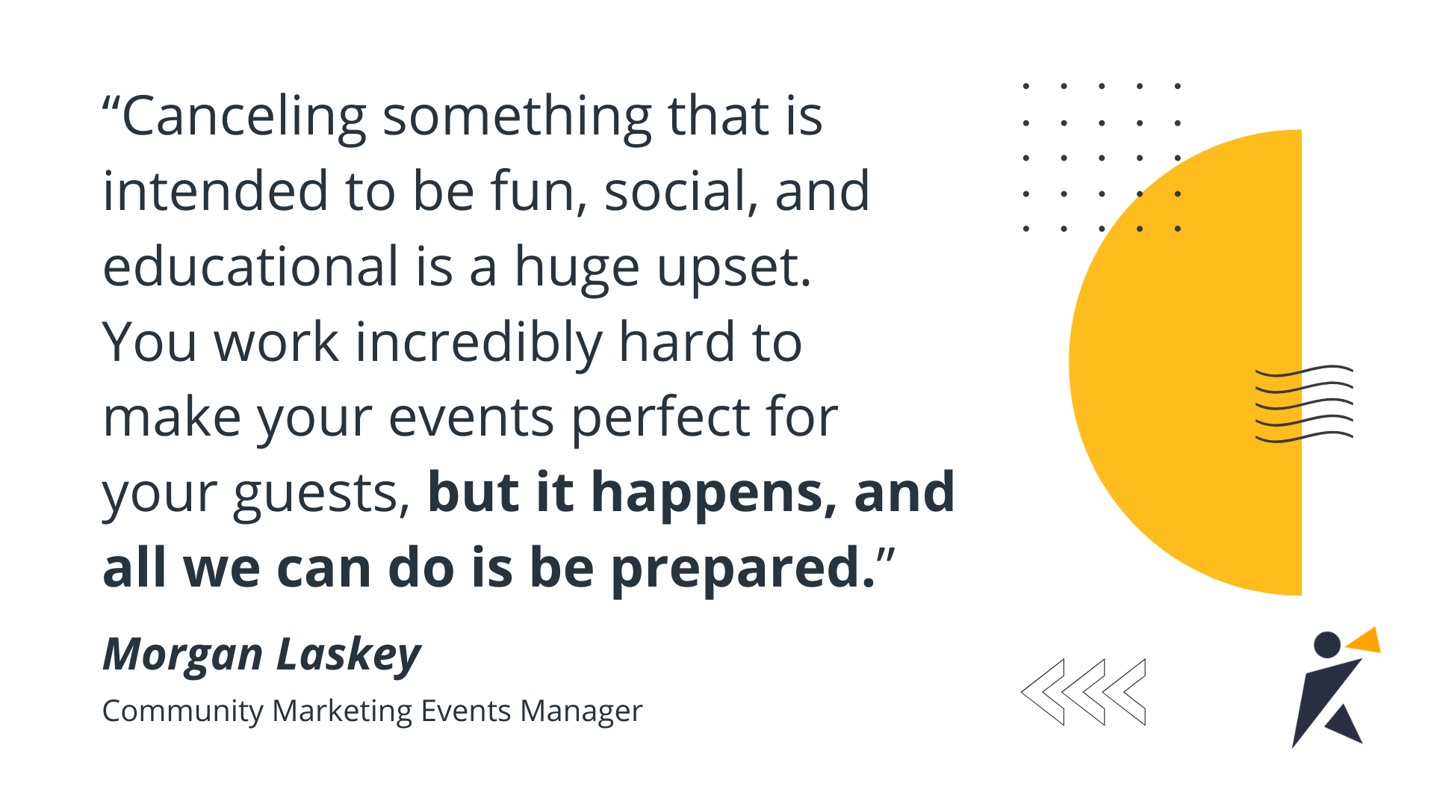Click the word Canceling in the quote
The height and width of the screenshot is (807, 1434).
[x=243, y=117]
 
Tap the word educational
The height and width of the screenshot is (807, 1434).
[x=251, y=267]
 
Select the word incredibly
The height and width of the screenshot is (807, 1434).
[x=478, y=343]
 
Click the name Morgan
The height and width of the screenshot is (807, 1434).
[x=182, y=655]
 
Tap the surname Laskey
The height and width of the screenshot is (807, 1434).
[x=349, y=655]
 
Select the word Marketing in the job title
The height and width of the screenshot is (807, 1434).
[x=342, y=711]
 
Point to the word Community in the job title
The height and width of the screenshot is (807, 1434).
[x=182, y=711]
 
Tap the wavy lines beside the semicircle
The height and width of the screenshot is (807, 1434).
[x=1304, y=403]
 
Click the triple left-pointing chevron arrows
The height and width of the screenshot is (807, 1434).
[x=1083, y=692]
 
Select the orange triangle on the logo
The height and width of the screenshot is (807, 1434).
[x=1365, y=641]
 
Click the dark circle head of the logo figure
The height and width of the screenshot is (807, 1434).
[x=1327, y=645]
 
